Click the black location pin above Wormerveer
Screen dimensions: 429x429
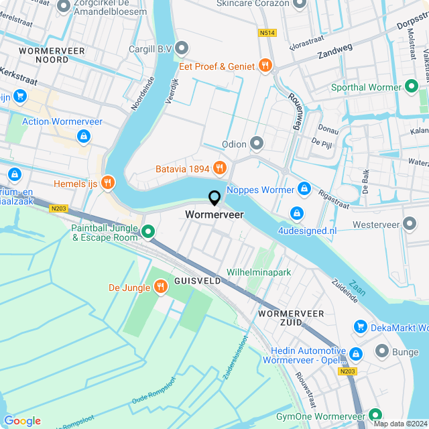coord(214,198)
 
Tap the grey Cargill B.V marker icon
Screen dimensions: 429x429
coord(182,48)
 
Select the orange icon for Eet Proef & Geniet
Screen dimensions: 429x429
coord(266,66)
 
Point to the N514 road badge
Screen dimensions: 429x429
coord(267,32)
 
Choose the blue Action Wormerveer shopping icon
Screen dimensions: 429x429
coord(83,137)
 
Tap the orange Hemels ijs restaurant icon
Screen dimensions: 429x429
coord(107,182)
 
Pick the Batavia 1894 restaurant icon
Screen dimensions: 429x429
coord(219,168)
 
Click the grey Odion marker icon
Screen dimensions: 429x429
coord(257,143)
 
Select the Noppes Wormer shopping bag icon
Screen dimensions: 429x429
coord(304,190)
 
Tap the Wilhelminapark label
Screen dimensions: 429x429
coord(259,273)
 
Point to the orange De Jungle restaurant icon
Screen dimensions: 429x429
coord(160,288)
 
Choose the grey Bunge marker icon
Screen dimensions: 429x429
coord(382,351)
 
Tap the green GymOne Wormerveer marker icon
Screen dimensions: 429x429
coord(375,416)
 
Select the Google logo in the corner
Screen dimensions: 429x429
coord(22,420)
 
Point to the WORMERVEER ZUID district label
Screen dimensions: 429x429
coord(291,318)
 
